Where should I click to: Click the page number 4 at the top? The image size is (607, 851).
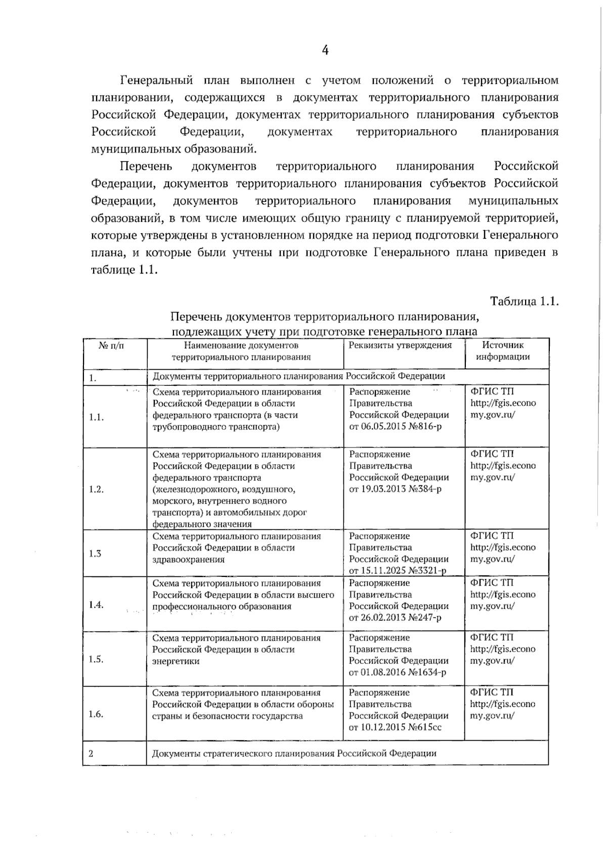(325, 50)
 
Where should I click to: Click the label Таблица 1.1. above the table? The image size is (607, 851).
(524, 301)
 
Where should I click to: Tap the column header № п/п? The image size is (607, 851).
(111, 345)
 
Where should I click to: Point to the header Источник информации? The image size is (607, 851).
(503, 350)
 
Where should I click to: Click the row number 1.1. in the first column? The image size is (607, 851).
(96, 417)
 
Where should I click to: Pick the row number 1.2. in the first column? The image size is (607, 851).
(96, 489)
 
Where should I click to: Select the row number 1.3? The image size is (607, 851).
(95, 553)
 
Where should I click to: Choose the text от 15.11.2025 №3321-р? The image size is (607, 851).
(398, 571)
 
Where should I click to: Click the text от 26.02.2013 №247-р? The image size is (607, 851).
(395, 617)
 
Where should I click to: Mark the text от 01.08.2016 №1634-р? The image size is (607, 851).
(398, 672)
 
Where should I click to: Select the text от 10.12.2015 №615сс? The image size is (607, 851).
(395, 727)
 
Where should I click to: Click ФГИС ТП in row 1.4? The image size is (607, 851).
(492, 583)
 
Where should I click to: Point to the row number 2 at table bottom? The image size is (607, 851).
(91, 753)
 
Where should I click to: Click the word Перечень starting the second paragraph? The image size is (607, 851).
(146, 166)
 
